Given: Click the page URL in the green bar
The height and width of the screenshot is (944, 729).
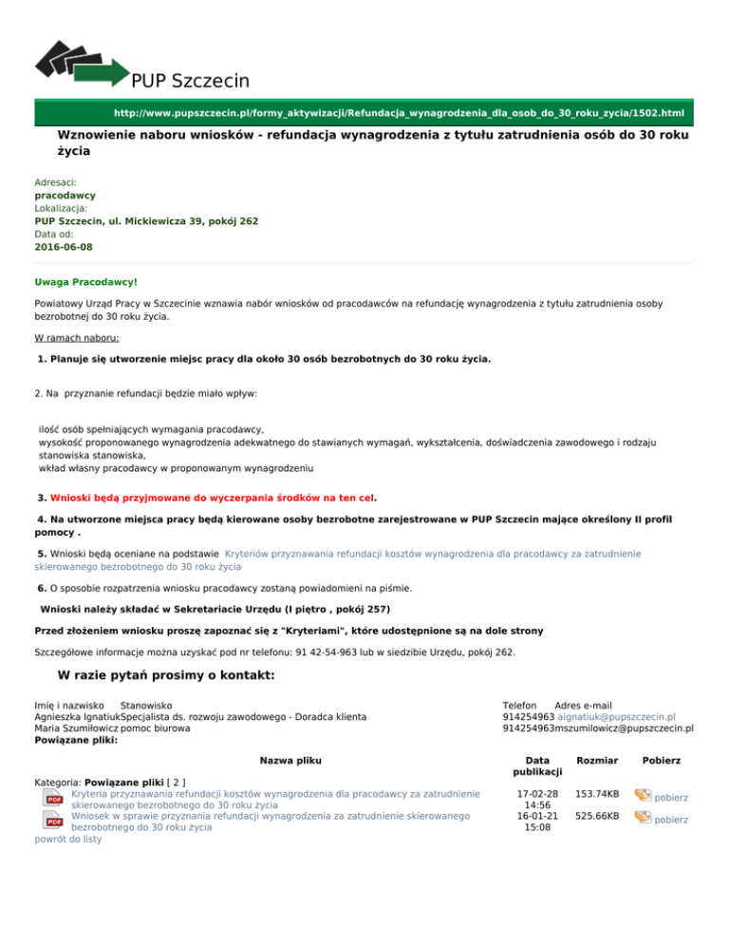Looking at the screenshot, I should tap(399, 112).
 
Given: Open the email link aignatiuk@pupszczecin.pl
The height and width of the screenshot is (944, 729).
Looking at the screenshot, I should tap(616, 717).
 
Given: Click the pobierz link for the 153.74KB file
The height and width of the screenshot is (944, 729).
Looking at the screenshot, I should tap(670, 798).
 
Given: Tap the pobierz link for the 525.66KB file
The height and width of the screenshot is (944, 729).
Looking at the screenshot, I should tap(670, 820).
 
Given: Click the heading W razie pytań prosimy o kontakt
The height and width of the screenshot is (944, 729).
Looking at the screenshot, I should tap(166, 675).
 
